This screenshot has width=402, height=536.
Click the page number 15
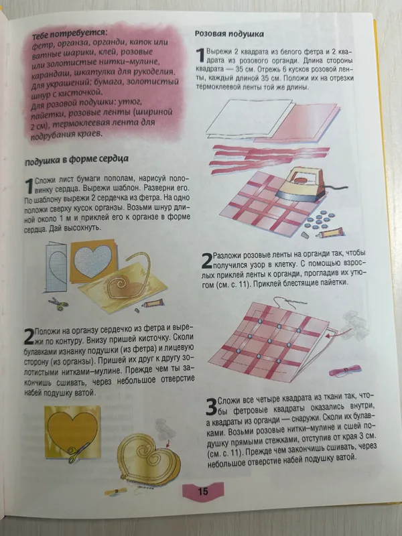click(203, 492)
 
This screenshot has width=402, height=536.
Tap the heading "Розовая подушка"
click(229, 34)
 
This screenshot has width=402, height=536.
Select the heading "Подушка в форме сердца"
click(76, 159)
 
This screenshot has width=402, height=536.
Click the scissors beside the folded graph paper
click(58, 304)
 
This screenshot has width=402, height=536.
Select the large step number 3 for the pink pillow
click(211, 407)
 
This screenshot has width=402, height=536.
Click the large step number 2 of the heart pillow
click(29, 336)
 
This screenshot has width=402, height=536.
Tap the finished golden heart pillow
click(149, 459)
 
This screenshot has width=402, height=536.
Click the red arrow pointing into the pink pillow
click(331, 336)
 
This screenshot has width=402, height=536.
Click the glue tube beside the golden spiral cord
click(153, 303)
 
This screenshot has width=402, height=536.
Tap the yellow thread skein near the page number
click(116, 491)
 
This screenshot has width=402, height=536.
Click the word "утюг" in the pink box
click(131, 102)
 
